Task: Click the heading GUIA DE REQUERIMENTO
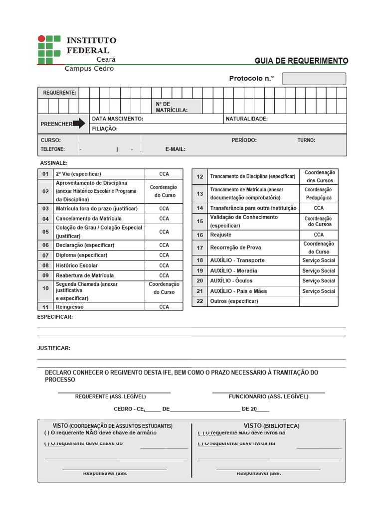[x=301, y=61]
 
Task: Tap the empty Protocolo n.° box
[x=314, y=79]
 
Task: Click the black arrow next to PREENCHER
[x=79, y=124]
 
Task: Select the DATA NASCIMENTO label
[x=117, y=119]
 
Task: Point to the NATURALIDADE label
[x=247, y=119]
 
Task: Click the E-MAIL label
[x=176, y=149]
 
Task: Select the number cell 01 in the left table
[x=45, y=174]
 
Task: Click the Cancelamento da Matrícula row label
[x=88, y=219]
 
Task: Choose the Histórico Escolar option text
[x=77, y=265]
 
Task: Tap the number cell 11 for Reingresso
[x=45, y=307]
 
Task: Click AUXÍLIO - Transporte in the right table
[x=237, y=260]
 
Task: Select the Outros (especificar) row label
[x=234, y=301]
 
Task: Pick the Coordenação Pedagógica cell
[x=319, y=193]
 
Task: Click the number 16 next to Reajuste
[x=200, y=235]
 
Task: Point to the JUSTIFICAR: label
[x=54, y=348]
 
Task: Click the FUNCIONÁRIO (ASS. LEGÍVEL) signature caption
[x=268, y=396]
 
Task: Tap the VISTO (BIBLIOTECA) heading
[x=271, y=426]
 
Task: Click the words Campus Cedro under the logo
[x=89, y=69]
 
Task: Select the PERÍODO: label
[x=244, y=140]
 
